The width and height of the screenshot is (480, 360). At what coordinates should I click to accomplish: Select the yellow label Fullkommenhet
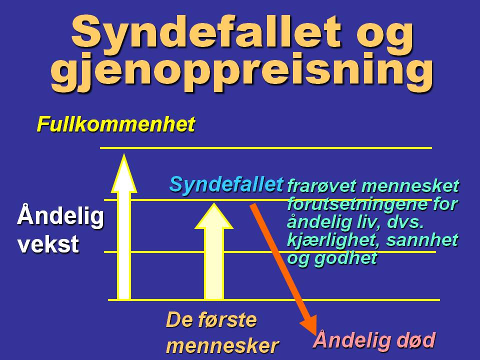coord(115,124)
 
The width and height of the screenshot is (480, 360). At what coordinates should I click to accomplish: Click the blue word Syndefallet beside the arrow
coord(226,184)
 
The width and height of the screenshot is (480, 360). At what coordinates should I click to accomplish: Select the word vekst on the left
coord(48,244)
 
